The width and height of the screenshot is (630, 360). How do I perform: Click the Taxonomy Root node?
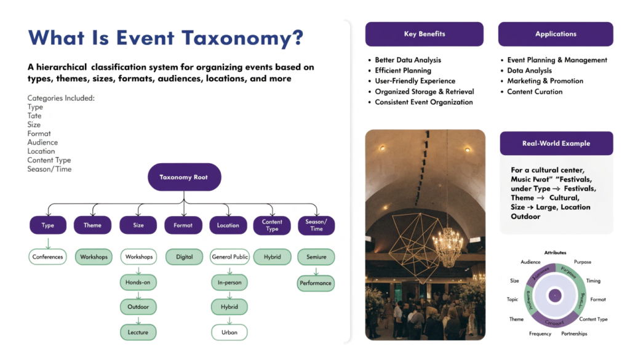coord(184,177)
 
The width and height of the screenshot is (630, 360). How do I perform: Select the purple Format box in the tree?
coord(183,225)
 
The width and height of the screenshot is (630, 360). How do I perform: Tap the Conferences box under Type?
coord(47,257)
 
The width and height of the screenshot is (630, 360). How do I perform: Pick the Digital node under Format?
coord(183,257)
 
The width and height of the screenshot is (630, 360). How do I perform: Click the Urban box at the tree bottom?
coord(229,332)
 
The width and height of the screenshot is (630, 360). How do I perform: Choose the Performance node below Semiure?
coord(316,283)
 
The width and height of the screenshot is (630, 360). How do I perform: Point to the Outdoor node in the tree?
coord(138,307)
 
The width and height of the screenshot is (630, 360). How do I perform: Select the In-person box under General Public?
coord(229,282)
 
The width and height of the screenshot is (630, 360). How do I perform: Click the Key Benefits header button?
coord(424,34)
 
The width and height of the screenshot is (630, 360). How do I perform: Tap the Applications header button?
coord(556,34)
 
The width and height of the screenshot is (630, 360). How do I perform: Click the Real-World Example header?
coord(556,143)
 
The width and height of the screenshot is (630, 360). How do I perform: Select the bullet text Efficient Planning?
coord(403,71)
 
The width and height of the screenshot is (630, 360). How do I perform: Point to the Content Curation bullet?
coord(535,92)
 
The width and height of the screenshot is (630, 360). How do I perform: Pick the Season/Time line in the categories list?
coord(49,169)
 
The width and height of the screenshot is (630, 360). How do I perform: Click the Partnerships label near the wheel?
coord(574,334)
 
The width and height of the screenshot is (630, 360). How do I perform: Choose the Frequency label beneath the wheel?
coord(540,334)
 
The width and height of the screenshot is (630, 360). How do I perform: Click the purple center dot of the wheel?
coord(555,295)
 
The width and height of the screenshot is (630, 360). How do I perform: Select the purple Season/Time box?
coord(316,225)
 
